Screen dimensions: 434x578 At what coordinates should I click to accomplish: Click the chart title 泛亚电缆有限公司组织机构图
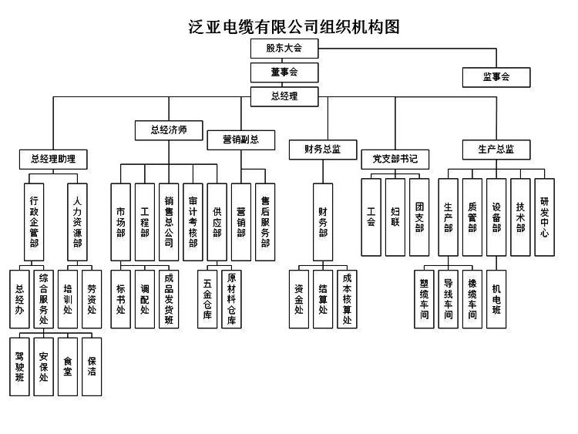point(294,26)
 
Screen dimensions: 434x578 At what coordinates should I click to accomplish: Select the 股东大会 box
point(284,48)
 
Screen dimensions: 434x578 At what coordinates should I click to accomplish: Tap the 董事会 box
point(284,72)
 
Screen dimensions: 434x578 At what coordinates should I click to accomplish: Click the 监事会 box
point(496,77)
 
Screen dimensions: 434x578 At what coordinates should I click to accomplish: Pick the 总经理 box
point(284,96)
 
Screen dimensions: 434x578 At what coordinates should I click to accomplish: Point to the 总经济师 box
point(169,130)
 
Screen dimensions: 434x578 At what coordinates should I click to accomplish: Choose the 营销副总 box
point(240,140)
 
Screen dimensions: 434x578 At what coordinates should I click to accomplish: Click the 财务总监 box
point(323,149)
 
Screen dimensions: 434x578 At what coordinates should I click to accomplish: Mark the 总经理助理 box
point(53,160)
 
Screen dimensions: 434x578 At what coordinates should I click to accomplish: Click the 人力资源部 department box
point(77,220)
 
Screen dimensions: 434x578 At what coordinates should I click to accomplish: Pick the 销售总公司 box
point(169,220)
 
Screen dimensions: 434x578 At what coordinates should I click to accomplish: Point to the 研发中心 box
point(544,217)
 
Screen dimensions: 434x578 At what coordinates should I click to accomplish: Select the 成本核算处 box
point(348,298)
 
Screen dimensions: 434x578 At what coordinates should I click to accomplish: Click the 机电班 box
point(496,298)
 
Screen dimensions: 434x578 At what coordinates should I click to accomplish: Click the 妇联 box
point(395,217)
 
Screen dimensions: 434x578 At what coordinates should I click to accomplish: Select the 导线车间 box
point(449,298)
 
